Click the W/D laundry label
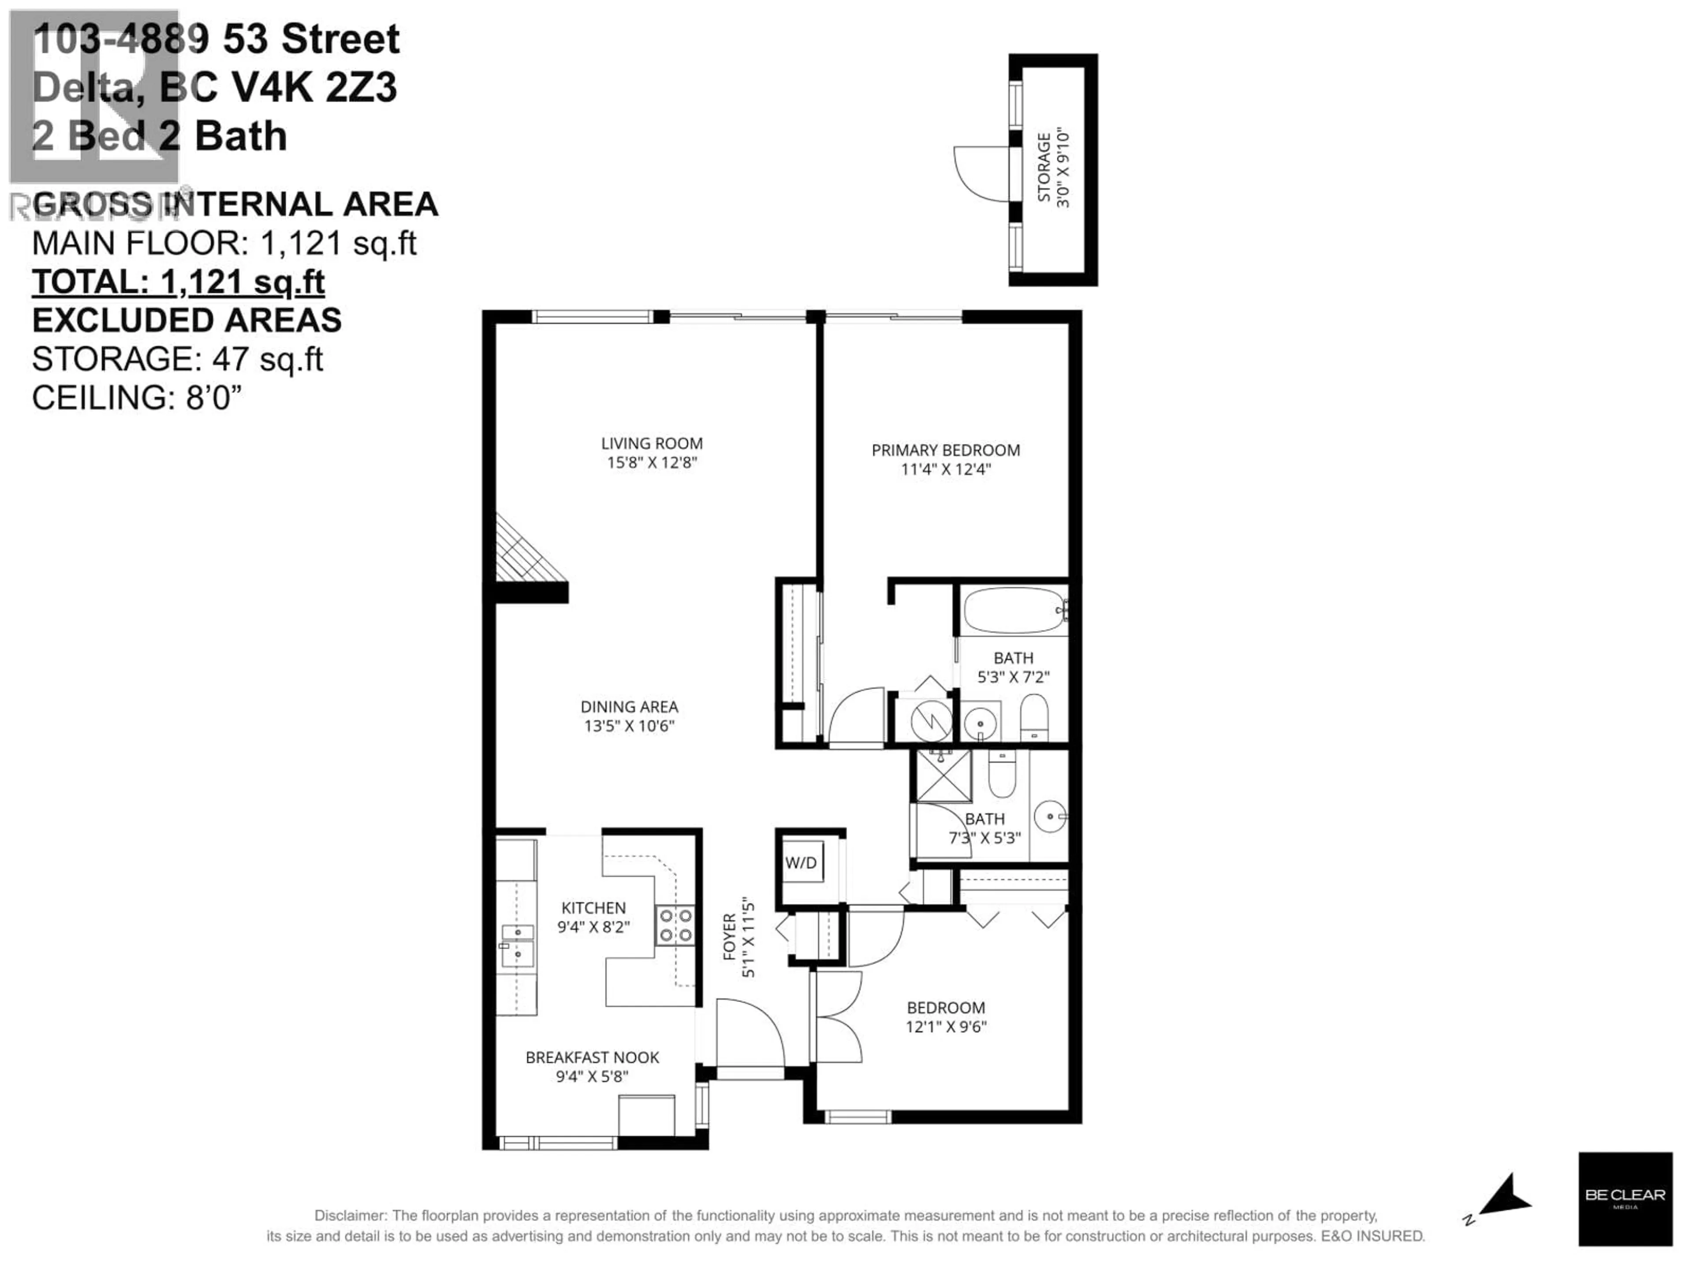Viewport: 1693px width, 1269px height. point(801,863)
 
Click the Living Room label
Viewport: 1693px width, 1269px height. point(651,443)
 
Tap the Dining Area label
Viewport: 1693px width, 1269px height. point(629,707)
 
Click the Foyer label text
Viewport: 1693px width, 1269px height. point(729,937)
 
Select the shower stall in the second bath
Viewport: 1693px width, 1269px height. point(943,776)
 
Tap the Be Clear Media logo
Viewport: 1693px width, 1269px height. point(1624,1198)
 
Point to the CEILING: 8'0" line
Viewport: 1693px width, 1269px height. point(136,398)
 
